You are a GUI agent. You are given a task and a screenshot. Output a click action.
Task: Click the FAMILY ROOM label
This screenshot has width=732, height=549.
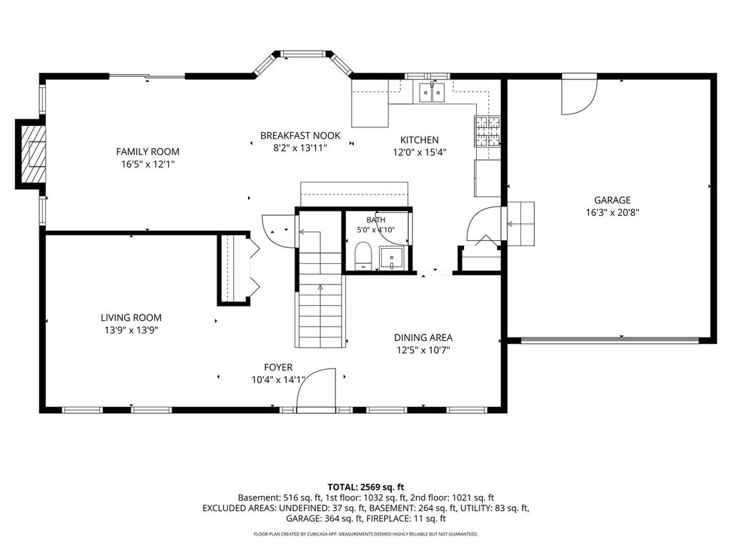[x=147, y=152]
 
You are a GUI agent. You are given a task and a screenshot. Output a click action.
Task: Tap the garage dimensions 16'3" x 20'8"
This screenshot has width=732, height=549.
[x=612, y=213]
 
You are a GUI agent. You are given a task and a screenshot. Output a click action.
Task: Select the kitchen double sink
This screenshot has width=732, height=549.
[x=432, y=92]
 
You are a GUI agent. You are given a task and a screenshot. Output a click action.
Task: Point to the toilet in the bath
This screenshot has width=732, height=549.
[x=362, y=256]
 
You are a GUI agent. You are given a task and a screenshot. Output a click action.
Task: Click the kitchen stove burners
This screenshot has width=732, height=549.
[x=488, y=130]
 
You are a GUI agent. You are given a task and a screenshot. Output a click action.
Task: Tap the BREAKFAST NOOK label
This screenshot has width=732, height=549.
[x=300, y=136]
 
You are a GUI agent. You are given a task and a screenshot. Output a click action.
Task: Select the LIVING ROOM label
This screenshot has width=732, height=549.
[x=132, y=318]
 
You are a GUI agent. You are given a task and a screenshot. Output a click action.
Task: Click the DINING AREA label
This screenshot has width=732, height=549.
[x=423, y=337]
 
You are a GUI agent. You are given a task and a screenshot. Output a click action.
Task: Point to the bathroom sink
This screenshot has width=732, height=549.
[x=391, y=259]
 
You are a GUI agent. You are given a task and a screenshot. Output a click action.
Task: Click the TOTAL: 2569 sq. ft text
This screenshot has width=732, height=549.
[x=365, y=488]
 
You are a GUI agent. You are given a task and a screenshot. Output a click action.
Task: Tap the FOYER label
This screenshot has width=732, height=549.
[x=278, y=368]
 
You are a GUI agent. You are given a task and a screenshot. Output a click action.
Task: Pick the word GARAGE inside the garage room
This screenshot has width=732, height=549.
[x=612, y=200]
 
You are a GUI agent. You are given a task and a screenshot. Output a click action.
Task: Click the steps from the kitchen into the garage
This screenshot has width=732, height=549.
[x=520, y=224]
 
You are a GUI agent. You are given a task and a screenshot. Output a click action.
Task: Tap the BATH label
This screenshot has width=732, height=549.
[x=376, y=220]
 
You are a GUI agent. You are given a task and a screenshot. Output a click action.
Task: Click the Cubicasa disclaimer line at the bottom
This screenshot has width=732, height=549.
[x=365, y=534]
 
